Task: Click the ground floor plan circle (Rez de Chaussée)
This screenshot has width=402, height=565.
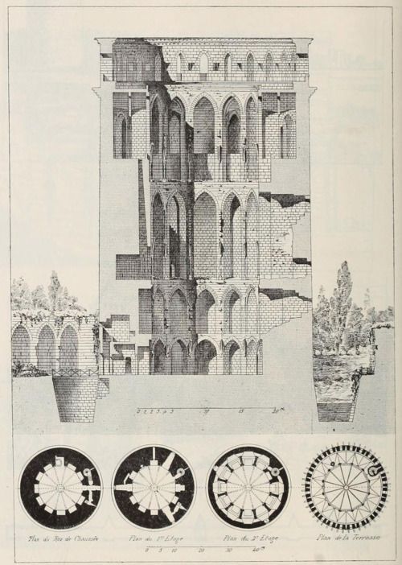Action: (61, 488)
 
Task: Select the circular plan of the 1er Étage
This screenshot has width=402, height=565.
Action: (154, 488)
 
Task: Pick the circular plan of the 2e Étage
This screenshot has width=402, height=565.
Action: (248, 488)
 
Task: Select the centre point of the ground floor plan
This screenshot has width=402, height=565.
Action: (61, 488)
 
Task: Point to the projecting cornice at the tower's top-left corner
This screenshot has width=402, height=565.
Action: (100, 42)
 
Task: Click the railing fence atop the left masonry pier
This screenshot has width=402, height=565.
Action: (75, 372)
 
